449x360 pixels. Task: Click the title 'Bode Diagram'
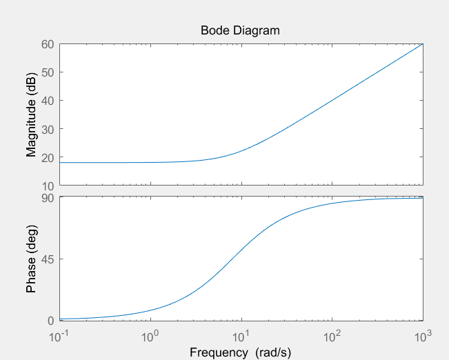pos(240,30)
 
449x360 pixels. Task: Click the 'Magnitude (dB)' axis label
pos(31,114)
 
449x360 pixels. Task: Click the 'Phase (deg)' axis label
pos(31,259)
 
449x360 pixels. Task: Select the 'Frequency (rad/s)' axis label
pos(240,352)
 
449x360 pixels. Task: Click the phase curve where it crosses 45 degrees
pos(234,259)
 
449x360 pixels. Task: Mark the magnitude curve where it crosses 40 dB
pos(332,101)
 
